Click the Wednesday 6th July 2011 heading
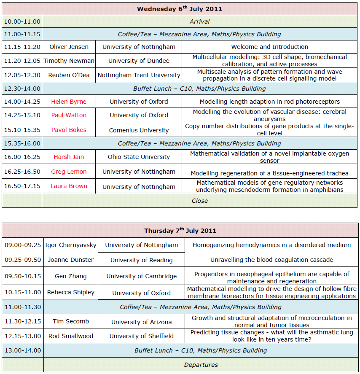(x=180, y=9)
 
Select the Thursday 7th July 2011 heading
(x=180, y=231)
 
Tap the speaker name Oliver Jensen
(x=70, y=47)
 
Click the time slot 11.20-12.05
(x=22, y=61)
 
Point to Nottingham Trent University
(x=139, y=75)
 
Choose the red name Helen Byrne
(x=69, y=102)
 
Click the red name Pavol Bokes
(x=69, y=130)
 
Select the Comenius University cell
(x=139, y=130)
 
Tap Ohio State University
(x=139, y=157)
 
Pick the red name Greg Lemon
(x=69, y=172)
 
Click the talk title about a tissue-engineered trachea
(x=269, y=173)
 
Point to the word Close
(x=199, y=201)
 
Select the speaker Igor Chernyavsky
(x=71, y=245)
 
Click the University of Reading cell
(x=141, y=260)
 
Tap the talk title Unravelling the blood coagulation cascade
(x=271, y=260)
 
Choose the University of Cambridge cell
(x=141, y=277)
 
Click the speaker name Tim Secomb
(x=71, y=321)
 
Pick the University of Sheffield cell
(x=141, y=336)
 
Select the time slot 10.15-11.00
(x=23, y=292)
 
